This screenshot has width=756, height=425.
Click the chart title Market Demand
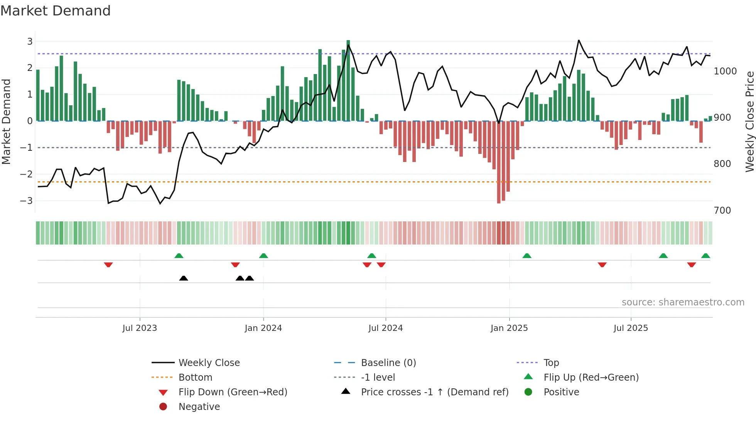(x=56, y=11)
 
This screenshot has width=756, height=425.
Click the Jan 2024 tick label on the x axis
(x=263, y=328)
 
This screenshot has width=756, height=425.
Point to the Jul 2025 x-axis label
(x=631, y=328)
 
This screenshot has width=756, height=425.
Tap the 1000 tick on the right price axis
(x=725, y=71)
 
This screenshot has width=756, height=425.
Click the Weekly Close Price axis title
(x=749, y=121)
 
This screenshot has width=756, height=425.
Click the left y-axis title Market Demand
(x=6, y=121)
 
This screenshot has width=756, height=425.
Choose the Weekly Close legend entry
(x=209, y=363)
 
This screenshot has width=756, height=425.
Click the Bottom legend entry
(x=195, y=378)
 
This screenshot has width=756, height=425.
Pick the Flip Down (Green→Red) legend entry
(x=233, y=392)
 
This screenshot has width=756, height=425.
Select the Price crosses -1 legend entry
(x=434, y=392)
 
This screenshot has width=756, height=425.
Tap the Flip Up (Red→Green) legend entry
(x=591, y=378)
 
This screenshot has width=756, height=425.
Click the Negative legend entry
(x=199, y=407)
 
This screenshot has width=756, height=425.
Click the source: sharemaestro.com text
(x=683, y=302)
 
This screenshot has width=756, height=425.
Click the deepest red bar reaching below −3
(x=499, y=162)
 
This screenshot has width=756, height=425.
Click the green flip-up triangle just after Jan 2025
(x=527, y=256)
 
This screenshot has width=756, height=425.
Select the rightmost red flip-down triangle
(x=691, y=265)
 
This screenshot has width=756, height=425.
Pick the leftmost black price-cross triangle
(x=184, y=278)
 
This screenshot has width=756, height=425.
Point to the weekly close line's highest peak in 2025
(x=579, y=40)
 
